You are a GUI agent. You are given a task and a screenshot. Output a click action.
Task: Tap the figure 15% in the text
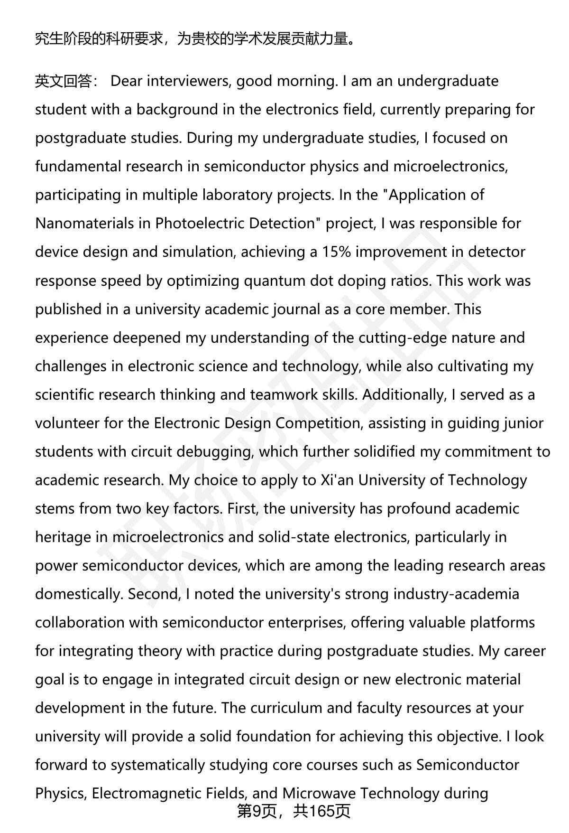[336, 252]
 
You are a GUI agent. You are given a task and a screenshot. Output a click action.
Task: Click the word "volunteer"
[67, 423]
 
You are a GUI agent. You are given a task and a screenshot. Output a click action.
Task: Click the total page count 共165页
[321, 811]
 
